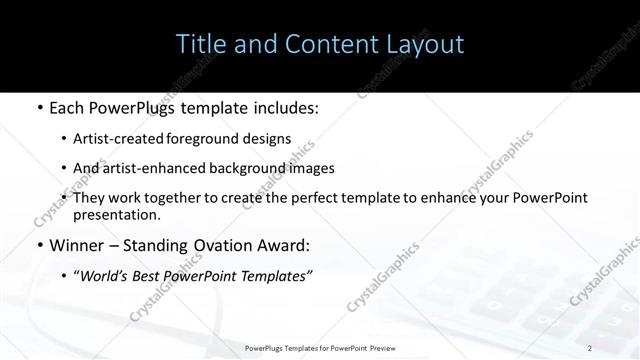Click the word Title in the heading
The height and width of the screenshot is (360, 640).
pos(200,45)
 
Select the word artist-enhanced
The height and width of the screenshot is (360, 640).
pos(155,168)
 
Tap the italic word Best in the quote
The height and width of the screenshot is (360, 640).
pos(151,276)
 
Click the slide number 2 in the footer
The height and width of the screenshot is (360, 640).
pos(590,347)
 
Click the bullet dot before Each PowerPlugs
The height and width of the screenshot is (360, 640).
pos(38,107)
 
